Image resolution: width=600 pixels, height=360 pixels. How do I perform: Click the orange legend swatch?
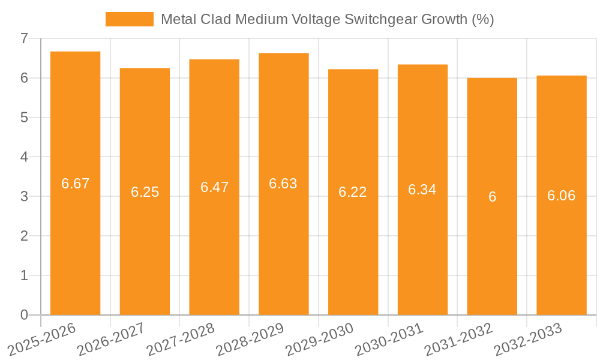point(129,19)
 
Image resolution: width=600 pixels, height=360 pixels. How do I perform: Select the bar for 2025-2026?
point(75,240)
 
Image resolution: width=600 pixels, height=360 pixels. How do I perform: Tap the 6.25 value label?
point(145,192)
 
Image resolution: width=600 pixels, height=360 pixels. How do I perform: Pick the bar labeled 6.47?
point(214,240)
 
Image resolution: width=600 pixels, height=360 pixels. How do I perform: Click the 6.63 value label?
point(283,184)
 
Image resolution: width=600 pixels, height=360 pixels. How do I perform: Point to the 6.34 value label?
point(422,190)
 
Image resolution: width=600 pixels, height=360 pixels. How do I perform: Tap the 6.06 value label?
point(561,196)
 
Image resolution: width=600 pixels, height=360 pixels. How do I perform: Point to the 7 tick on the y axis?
point(24,38)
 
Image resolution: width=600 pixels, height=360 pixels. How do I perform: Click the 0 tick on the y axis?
point(24,315)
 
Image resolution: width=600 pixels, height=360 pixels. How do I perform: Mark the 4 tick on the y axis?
point(24,157)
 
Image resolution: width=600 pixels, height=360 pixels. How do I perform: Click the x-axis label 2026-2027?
point(111,338)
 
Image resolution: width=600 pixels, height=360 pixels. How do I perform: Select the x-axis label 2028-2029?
point(250,338)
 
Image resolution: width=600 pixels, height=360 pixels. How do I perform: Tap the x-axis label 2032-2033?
point(527,338)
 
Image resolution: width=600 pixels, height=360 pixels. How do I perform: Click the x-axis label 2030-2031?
point(389,338)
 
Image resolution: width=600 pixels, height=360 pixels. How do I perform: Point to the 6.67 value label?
point(75,184)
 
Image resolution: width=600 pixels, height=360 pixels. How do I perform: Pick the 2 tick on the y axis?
point(24,236)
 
